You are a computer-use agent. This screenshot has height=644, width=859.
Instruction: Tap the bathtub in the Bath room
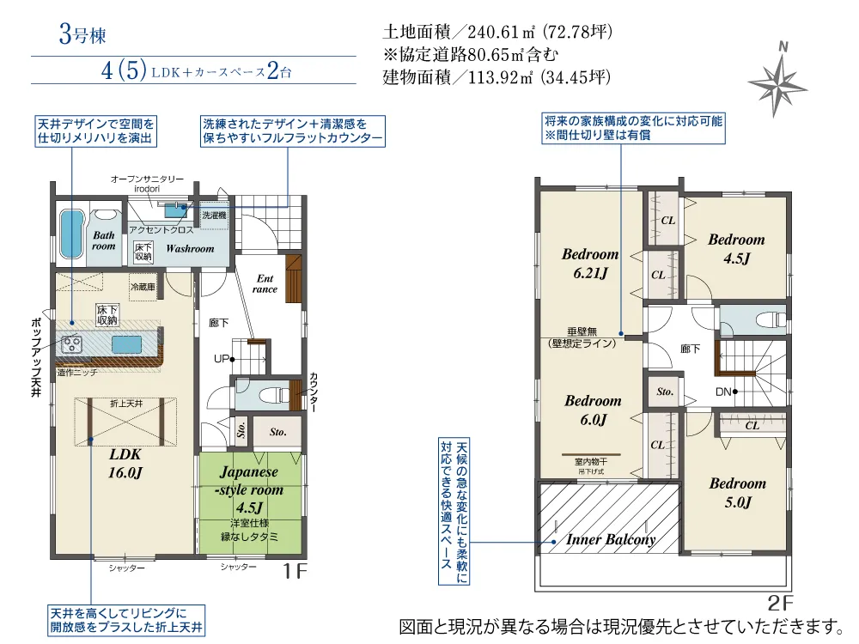71,234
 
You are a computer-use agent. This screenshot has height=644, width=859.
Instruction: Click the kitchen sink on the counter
127,345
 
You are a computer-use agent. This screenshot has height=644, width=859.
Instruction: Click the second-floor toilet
771,319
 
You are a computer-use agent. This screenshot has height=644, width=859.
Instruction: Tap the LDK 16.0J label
125,464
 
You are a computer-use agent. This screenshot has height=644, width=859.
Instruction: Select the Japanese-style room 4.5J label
249,489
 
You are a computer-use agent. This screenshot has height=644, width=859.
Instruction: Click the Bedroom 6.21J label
591,264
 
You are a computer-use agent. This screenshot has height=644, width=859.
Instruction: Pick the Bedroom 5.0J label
738,492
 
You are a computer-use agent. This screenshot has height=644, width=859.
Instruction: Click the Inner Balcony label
611,540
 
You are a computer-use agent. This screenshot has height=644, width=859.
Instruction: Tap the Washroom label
190,249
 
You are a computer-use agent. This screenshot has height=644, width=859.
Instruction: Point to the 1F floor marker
295,571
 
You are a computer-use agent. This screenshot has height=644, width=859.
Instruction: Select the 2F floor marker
781,603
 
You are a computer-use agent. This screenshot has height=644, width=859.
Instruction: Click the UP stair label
221,359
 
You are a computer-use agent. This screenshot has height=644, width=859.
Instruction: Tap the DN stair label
723,392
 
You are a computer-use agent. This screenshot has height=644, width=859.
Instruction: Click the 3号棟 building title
82,34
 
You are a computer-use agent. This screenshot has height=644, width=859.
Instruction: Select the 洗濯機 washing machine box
214,216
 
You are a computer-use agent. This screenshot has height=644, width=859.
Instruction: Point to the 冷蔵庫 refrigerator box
143,288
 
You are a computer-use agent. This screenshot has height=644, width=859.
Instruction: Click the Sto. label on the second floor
665,392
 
